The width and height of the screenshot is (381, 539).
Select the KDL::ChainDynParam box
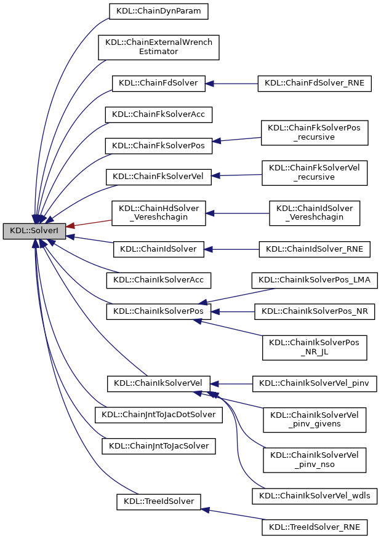(159, 10)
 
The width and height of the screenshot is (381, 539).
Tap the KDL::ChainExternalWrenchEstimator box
(159, 47)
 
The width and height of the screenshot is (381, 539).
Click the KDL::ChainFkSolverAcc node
(159, 114)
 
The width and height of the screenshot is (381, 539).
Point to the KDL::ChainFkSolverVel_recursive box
(315, 172)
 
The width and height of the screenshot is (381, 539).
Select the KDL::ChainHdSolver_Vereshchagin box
(159, 212)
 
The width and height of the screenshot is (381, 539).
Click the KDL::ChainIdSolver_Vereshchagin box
(315, 212)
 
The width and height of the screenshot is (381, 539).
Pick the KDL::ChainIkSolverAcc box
(159, 280)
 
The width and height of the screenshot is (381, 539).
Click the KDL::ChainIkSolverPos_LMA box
(315, 280)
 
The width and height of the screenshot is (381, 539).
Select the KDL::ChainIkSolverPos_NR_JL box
(315, 348)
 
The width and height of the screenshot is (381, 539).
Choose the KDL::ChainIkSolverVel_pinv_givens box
(315, 420)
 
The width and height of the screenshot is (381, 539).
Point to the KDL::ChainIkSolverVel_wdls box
(315, 495)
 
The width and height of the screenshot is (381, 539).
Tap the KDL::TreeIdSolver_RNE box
(315, 527)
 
